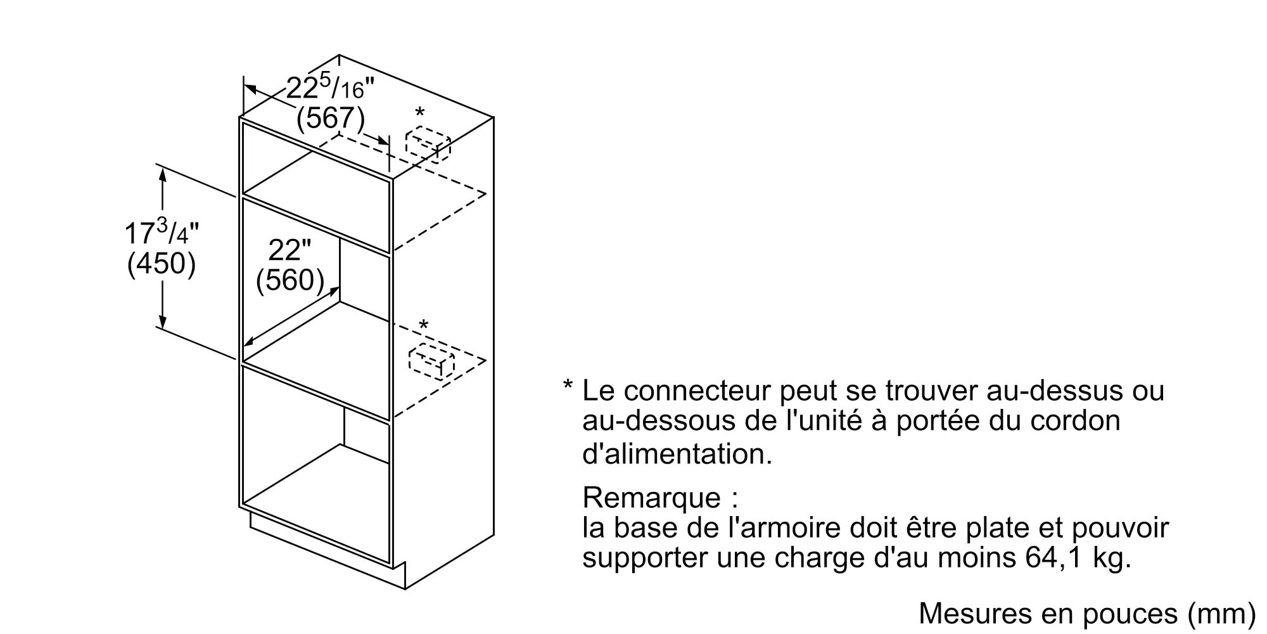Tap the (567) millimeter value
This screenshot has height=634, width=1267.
[x=331, y=118]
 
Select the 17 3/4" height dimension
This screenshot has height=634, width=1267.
[x=162, y=233]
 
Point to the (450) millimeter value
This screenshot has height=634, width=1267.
[x=162, y=263]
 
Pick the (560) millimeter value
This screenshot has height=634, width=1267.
[x=290, y=280]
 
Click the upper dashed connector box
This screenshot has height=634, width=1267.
[x=428, y=145]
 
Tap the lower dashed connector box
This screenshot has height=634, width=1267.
[x=431, y=361]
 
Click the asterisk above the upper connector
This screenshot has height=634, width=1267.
[x=419, y=114]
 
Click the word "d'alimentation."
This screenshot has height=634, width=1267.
[x=677, y=454]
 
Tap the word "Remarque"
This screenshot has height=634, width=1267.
[x=651, y=498]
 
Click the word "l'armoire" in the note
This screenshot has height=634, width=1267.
[x=781, y=527]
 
